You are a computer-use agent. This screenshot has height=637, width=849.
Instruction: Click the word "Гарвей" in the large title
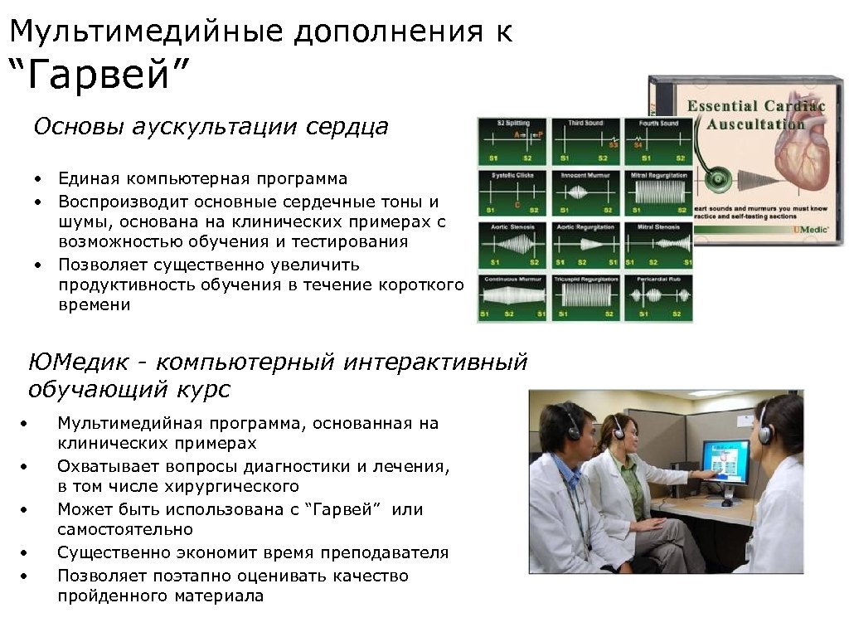(x=99, y=77)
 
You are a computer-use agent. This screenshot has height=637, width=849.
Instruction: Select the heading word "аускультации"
(x=217, y=127)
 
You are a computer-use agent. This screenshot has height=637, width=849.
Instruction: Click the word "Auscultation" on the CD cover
(x=755, y=124)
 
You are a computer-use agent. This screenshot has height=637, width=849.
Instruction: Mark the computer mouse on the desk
(x=727, y=503)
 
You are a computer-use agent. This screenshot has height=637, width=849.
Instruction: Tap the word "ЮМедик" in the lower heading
(x=78, y=362)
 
